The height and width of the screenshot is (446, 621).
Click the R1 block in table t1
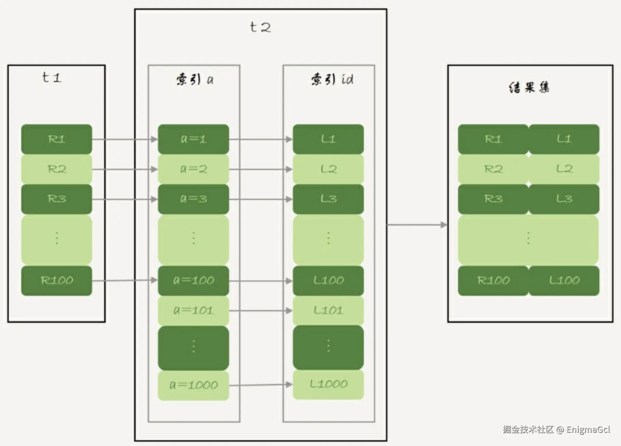pos(57,139)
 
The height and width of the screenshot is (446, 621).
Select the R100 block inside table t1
pos(57,281)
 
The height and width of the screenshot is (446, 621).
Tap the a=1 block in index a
pos(193,139)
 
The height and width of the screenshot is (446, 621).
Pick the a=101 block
pos(193,310)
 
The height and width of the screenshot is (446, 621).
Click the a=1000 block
pos(193,385)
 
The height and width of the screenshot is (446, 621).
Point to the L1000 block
pos(328,384)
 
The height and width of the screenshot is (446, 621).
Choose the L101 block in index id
pos(328,310)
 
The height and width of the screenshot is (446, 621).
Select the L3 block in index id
pos(328,199)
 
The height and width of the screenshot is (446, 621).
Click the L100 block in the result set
pos(564,281)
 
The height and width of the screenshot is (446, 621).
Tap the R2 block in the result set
pos(493,169)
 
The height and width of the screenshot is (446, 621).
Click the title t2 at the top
pos(260,27)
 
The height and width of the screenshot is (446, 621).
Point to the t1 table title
pos(52,78)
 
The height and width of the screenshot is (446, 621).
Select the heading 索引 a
pos(195,80)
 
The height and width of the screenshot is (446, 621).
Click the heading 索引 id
pos(332,79)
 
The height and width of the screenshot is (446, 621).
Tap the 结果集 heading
pos(529,87)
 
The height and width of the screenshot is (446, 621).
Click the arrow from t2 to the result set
pos(417,225)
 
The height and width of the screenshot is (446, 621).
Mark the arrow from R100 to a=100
pos(125,280)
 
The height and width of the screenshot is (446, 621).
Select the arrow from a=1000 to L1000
pos(261,385)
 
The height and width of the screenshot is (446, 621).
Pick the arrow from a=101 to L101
pos(261,310)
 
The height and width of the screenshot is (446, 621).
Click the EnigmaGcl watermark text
pos(588,430)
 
